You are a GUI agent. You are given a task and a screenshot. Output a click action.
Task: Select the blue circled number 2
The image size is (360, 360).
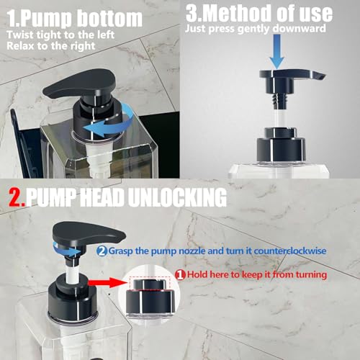pyautogui.click(x=102, y=251)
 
